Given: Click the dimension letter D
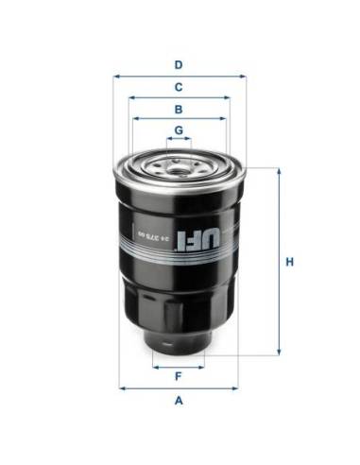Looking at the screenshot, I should [x=178, y=64].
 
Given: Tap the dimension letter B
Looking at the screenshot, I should [x=178, y=109].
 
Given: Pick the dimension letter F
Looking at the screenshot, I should [x=178, y=377].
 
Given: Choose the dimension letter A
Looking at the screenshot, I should [x=178, y=400].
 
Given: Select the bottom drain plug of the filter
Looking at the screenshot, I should [x=178, y=340].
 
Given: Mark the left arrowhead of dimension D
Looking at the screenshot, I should [x=115, y=75].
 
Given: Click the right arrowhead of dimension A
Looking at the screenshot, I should [x=237, y=387].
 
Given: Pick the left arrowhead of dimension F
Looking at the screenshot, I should [x=152, y=366].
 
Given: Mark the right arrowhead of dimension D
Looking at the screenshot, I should [x=242, y=75].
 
